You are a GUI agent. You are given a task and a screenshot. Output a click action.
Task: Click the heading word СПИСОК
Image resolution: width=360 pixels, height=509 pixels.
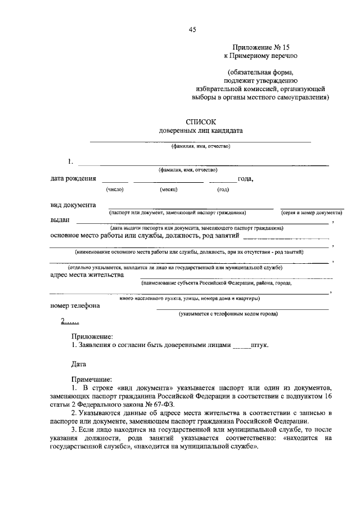201,121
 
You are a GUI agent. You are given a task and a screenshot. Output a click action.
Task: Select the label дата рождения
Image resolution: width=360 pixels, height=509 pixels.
73,179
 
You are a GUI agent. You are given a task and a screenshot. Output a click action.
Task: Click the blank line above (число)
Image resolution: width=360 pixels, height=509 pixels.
115,182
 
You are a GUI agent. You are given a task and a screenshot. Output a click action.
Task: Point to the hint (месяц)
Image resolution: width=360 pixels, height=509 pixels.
169,190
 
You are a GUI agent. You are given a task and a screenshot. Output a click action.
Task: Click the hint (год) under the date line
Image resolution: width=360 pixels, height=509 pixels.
223,190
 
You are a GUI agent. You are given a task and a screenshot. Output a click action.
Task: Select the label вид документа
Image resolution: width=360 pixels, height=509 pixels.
73,205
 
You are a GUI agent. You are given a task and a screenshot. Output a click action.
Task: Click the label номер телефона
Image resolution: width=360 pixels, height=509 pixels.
75,305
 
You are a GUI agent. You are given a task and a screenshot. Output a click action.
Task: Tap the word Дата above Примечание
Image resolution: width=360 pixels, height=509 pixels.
79,364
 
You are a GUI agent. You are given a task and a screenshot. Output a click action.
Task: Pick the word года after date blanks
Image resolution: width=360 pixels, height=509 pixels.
245,179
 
